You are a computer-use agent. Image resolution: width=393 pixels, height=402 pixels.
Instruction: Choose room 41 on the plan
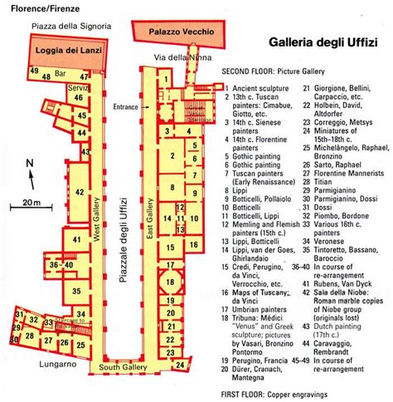(x=75, y=240)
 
